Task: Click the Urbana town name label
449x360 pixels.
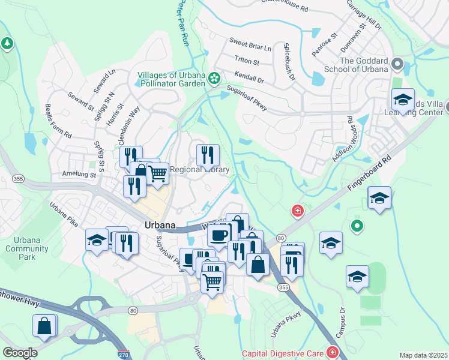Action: [160, 225]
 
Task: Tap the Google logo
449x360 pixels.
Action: [20, 353]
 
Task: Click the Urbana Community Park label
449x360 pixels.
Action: [23, 248]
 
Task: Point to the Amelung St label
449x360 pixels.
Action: [79, 174]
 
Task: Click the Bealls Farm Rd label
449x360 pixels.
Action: [58, 121]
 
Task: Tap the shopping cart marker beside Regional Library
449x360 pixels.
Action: [157, 174]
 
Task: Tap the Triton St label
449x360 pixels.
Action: [247, 61]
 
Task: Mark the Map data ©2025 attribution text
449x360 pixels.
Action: [423, 355]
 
